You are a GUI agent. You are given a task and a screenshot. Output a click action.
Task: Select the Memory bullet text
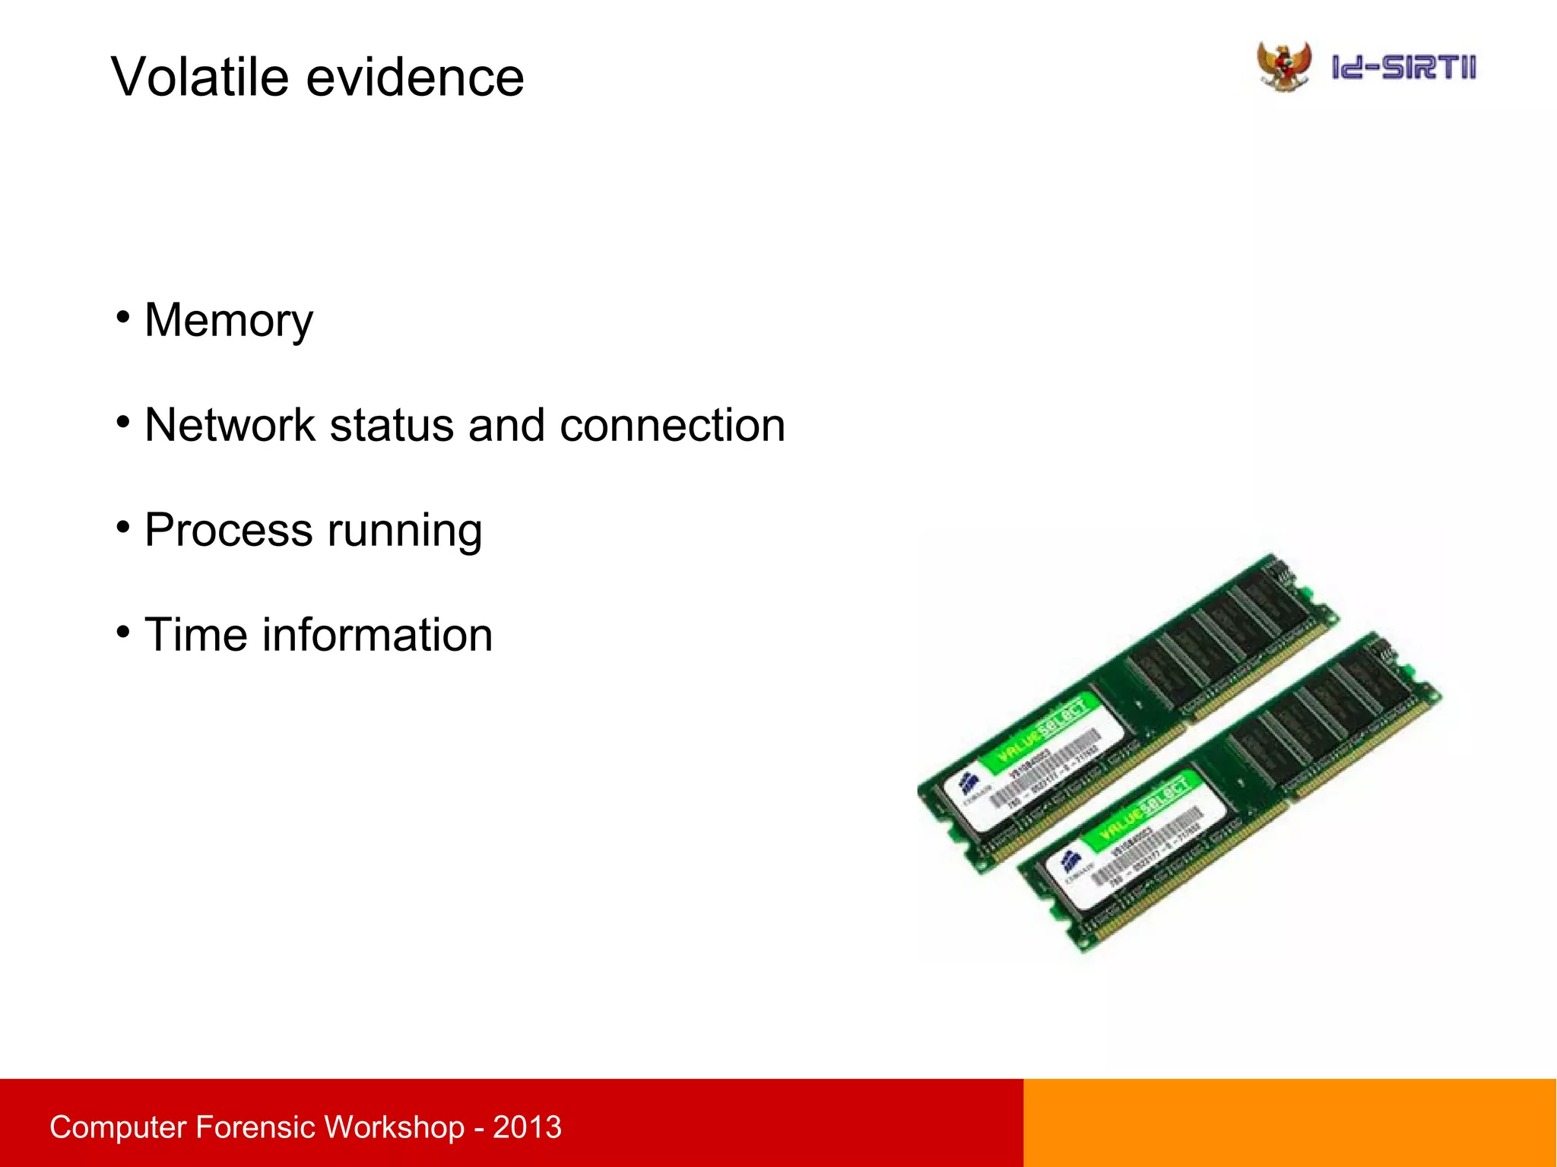(228, 320)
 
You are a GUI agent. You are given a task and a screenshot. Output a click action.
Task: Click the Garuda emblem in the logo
(1284, 66)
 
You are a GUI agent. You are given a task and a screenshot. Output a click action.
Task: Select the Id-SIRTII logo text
(1403, 67)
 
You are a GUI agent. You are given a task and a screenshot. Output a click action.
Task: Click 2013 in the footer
(527, 1127)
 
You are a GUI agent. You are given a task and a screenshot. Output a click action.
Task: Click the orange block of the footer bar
(1289, 1122)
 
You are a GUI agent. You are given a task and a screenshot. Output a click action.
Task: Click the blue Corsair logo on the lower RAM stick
(1070, 861)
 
